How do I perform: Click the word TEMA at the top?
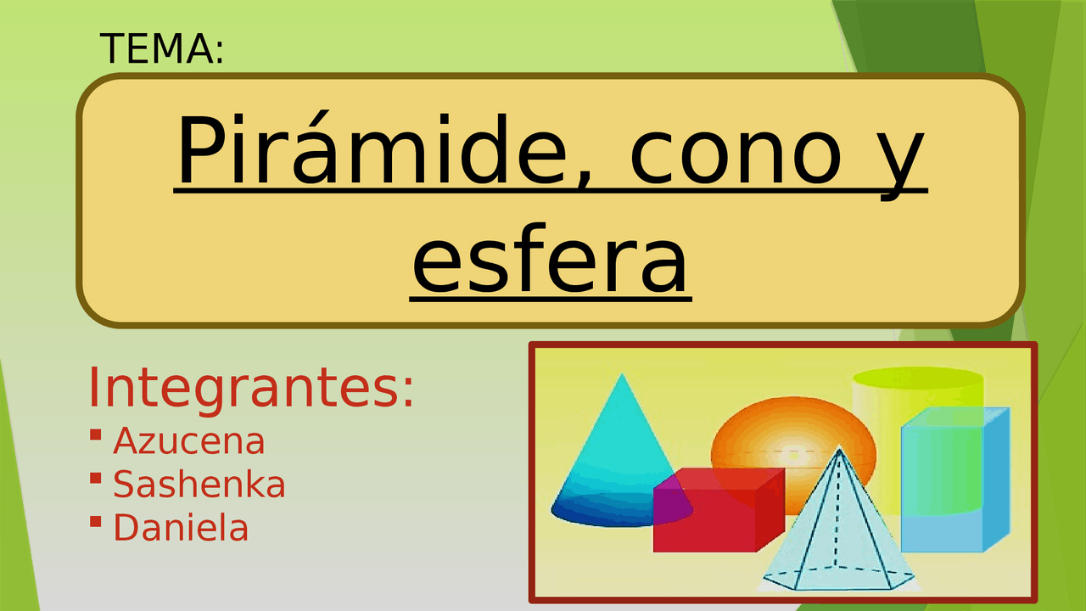pyautogui.click(x=161, y=49)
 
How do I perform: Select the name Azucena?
pyautogui.click(x=188, y=441)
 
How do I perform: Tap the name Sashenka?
pyautogui.click(x=199, y=485)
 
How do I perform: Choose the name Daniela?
pyautogui.click(x=181, y=528)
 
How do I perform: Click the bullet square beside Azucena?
pyautogui.click(x=95, y=435)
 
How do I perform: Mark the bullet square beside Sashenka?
pyautogui.click(x=95, y=479)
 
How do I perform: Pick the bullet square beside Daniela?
pyautogui.click(x=95, y=521)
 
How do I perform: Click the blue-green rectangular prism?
pyautogui.click(x=954, y=479)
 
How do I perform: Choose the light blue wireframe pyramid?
pyautogui.click(x=836, y=535)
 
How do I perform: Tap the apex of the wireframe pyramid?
pyautogui.click(x=840, y=448)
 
